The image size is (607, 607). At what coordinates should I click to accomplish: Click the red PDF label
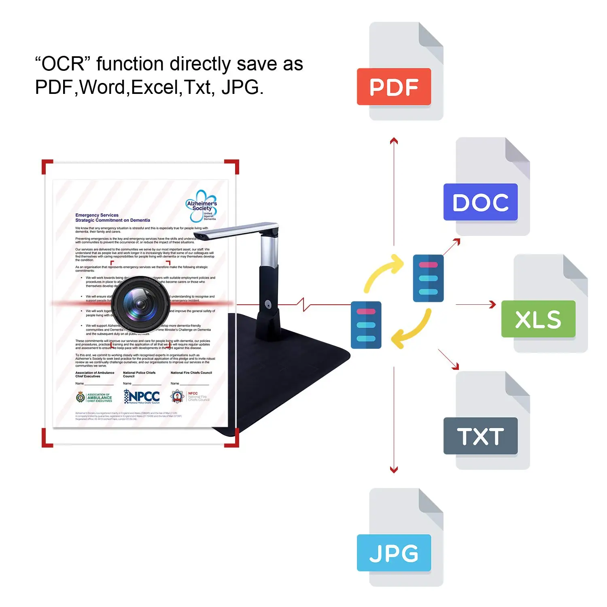tap(394, 87)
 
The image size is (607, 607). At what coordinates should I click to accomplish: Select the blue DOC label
tap(480, 202)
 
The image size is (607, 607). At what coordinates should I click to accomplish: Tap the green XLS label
tap(538, 319)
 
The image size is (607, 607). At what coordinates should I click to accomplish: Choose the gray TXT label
tap(480, 436)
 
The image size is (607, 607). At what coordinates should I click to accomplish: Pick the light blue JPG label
tap(394, 553)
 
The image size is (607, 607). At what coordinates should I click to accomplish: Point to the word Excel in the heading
tap(155, 87)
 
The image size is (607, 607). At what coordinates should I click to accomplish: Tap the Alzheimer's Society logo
tap(202, 206)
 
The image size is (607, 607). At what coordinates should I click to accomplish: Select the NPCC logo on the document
tap(142, 397)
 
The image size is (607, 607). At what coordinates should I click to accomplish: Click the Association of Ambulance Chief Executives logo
tap(94, 397)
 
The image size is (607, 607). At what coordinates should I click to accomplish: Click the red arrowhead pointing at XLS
tap(492, 304)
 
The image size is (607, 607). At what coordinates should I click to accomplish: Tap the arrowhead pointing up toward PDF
tap(394, 140)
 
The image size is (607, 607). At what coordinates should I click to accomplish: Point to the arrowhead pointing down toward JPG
tap(394, 470)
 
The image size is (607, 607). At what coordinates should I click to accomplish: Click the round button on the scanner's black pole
tap(268, 303)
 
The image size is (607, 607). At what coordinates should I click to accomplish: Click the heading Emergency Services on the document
tap(97, 215)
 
